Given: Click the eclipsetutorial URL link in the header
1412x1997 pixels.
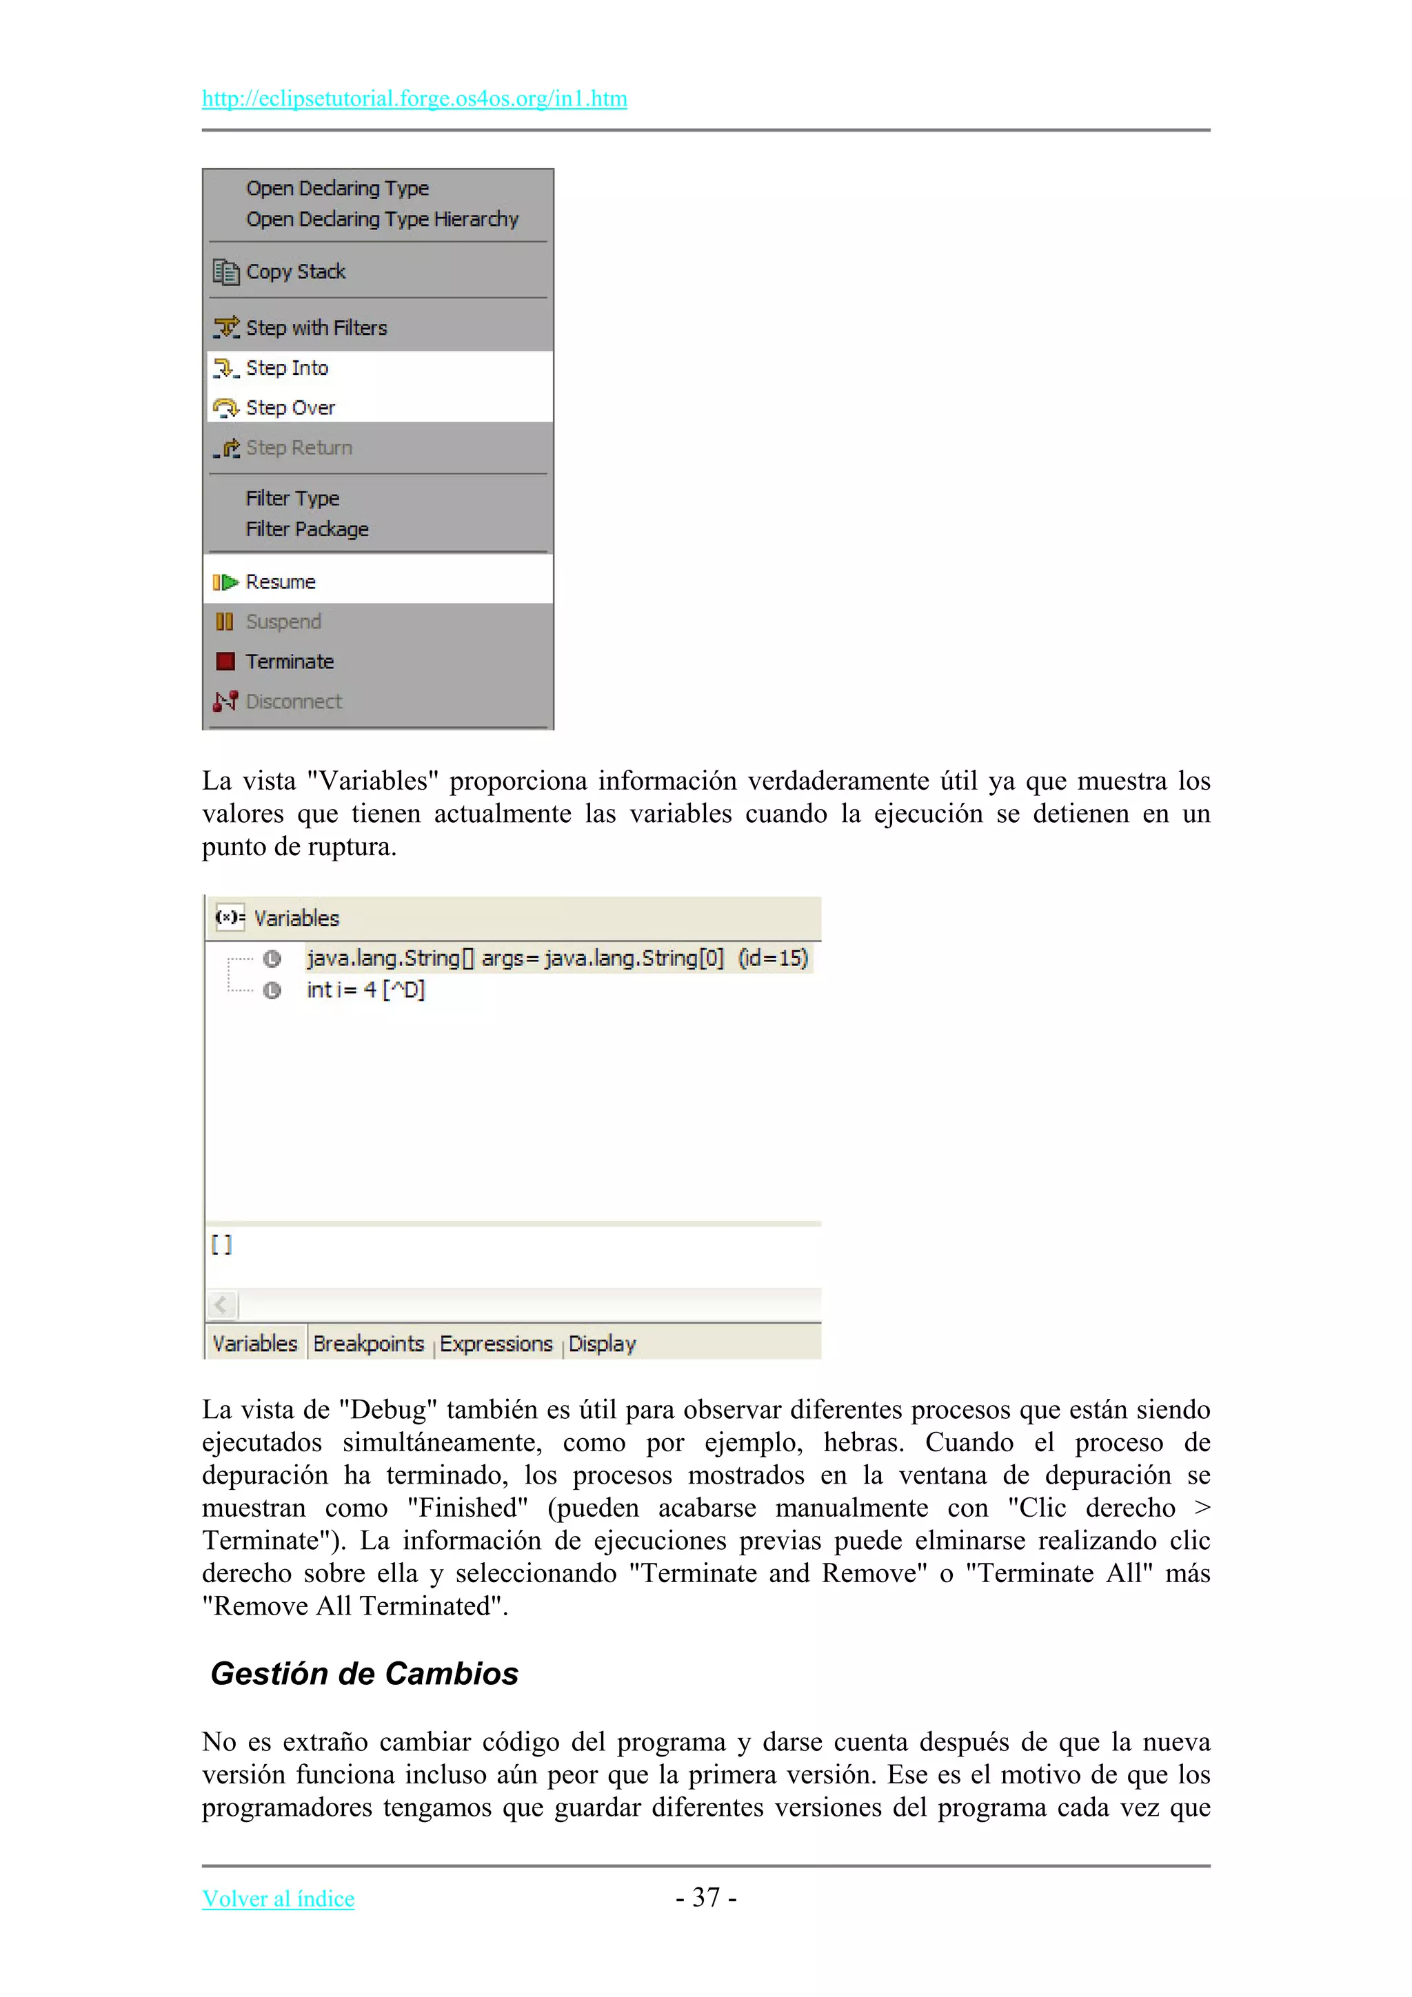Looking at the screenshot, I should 414,99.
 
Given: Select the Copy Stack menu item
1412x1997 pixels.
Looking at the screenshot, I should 295,272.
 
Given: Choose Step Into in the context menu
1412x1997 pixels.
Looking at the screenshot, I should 286,368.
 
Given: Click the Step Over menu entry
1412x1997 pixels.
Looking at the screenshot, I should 290,408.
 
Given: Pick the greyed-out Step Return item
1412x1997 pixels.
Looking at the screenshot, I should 299,448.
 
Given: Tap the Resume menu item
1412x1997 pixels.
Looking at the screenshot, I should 280,582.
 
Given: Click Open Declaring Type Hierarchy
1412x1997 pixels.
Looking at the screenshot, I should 381,219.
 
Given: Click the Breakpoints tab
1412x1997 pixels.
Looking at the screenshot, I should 368,1344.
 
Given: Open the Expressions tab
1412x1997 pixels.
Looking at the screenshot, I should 496,1344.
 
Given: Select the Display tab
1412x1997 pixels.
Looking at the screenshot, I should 602,1344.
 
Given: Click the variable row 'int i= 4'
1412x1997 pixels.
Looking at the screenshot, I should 365,990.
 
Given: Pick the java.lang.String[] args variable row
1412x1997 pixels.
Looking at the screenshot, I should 557,959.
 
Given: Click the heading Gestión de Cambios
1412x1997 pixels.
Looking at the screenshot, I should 365,1673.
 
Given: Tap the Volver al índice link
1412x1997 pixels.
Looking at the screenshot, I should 279,1898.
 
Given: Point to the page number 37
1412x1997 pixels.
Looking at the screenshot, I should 705,1897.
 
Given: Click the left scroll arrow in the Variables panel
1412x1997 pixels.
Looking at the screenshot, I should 222,1304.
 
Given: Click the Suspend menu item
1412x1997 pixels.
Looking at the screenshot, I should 283,622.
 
